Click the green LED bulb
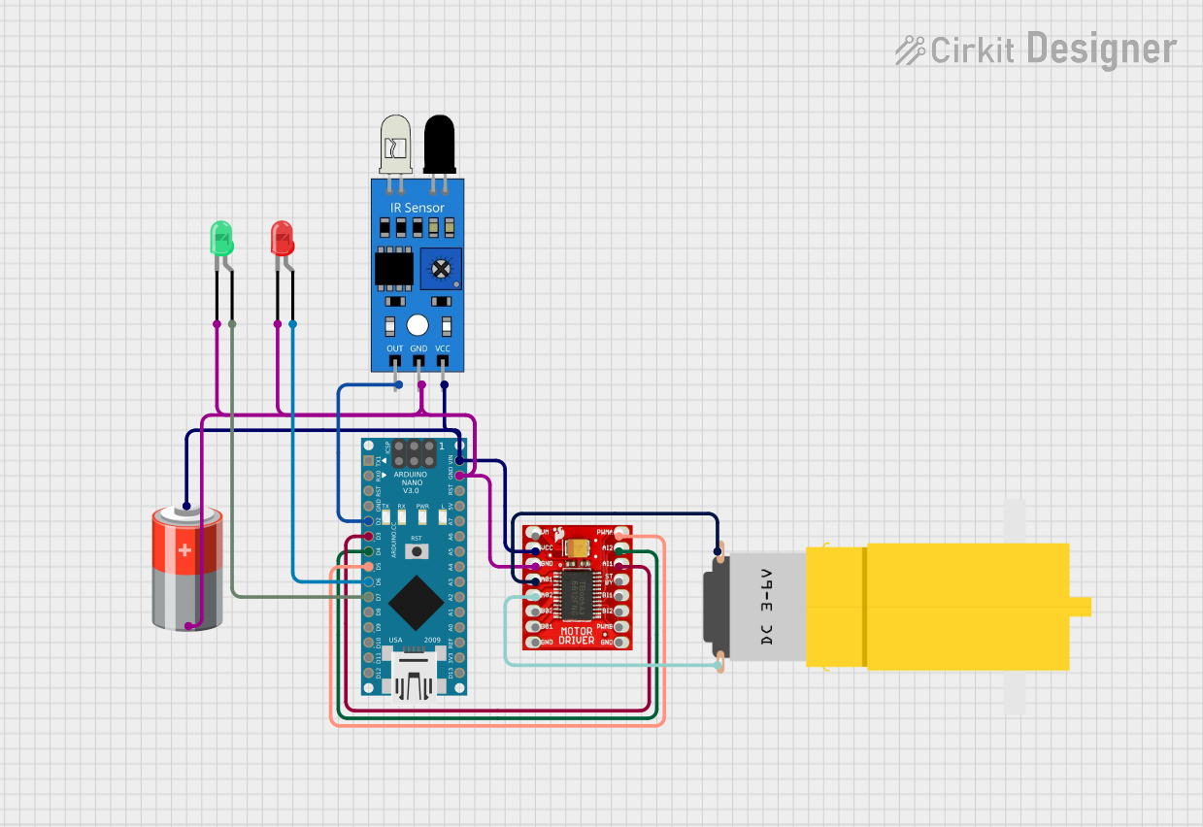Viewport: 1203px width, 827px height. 222,238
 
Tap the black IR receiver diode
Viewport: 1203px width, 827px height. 440,144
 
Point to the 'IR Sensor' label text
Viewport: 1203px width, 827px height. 418,208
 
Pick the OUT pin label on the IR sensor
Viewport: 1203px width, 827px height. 394,348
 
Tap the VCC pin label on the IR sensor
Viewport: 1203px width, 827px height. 443,348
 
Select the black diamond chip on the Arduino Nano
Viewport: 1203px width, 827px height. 417,601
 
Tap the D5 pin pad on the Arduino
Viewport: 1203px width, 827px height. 368,567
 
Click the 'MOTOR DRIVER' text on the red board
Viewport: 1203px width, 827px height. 576,637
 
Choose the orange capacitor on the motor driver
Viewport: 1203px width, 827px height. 580,547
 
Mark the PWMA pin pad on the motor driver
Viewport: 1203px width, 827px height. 619,534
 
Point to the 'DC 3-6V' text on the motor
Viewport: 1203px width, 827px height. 766,607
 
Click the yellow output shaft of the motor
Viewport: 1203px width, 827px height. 1080,607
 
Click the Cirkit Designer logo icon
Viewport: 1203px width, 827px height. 909,50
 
